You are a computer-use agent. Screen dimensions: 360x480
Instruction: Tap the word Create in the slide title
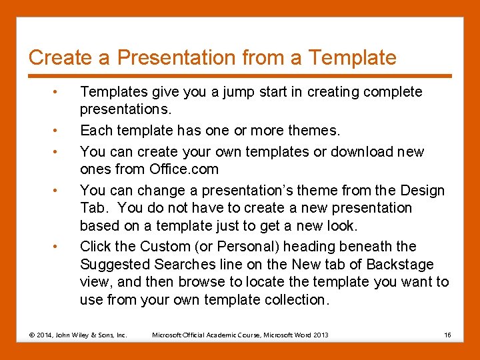(61, 58)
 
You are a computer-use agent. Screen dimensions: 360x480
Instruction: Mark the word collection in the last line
(293, 300)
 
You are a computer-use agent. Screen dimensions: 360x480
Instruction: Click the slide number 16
(447, 335)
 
